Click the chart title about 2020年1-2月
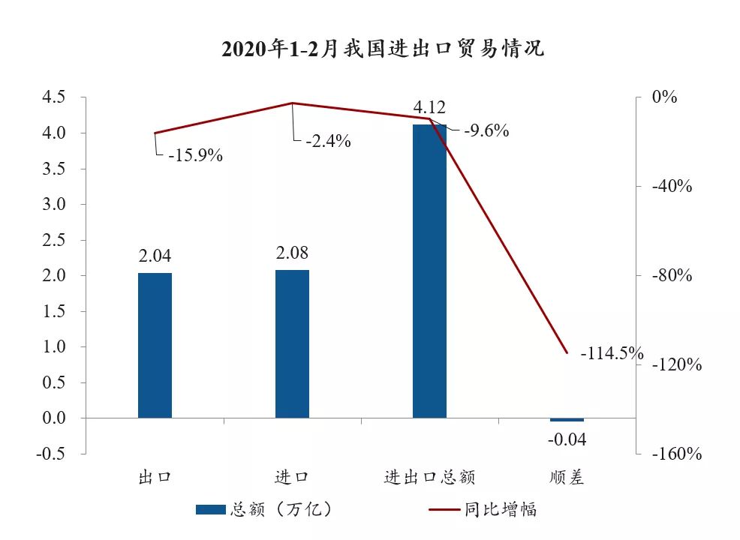pos(383,49)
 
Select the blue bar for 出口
pos(155,345)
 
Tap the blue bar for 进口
pos(292,343)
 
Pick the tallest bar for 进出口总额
pos(429,271)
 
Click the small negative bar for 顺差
pos(567,420)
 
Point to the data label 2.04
pos(155,256)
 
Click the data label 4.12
pos(429,108)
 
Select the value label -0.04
pos(567,439)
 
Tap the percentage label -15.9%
pos(195,156)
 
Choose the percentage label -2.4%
pos(328,140)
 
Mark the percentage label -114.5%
pos(612,352)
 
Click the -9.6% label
pos(486,130)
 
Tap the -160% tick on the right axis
pos(676,454)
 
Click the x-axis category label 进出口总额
pos(429,478)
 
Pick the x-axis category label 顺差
pos(567,478)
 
